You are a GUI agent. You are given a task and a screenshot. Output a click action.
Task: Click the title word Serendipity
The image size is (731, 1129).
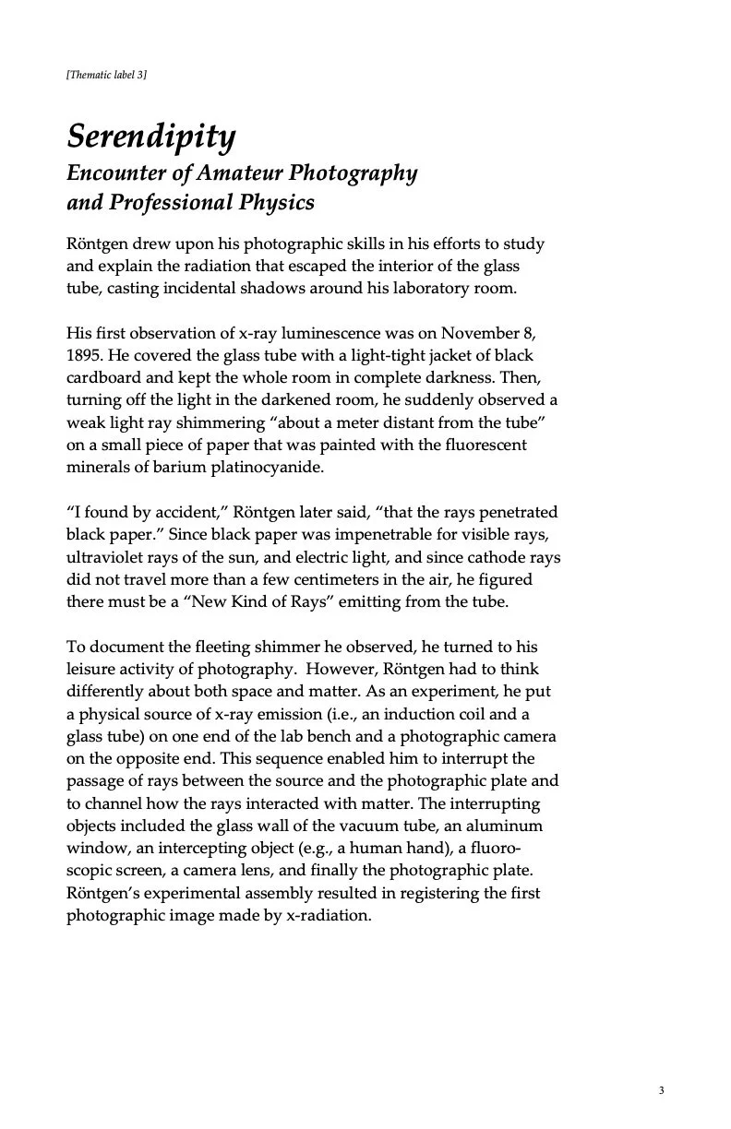point(151,137)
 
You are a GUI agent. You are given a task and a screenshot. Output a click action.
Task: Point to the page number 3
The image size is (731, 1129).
point(662,1091)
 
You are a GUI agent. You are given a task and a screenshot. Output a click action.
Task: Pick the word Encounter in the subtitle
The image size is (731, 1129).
point(111,172)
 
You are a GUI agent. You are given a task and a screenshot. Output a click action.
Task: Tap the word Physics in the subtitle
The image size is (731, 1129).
point(280,202)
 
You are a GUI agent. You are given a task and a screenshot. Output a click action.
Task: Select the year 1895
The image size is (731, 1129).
point(84,355)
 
